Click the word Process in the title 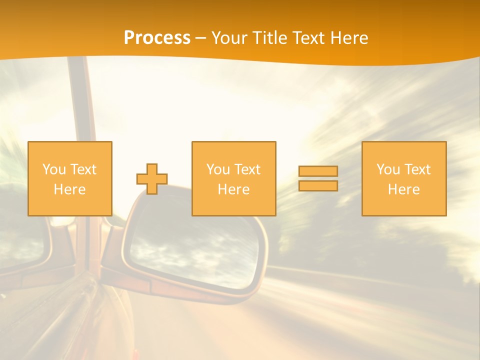pyautogui.click(x=157, y=38)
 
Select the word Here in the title pyautogui.click(x=348, y=38)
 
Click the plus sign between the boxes pyautogui.click(x=152, y=179)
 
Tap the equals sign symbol pyautogui.click(x=318, y=178)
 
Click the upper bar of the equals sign pyautogui.click(x=318, y=171)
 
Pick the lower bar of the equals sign pyautogui.click(x=318, y=185)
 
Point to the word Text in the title pyautogui.click(x=308, y=38)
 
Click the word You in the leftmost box pyautogui.click(x=54, y=169)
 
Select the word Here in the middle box pyautogui.click(x=233, y=189)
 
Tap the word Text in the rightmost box pyautogui.click(x=418, y=169)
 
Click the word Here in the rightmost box pyautogui.click(x=404, y=189)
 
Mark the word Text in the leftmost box pyautogui.click(x=83, y=169)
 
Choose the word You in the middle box pyautogui.click(x=218, y=169)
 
